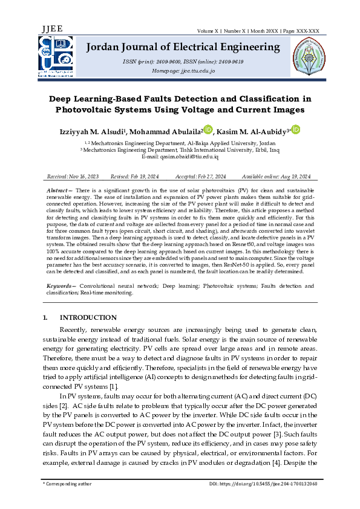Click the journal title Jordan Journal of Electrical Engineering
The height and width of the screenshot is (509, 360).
pyautogui.click(x=184, y=47)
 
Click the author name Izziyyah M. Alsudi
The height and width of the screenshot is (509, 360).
pyautogui.click(x=97, y=132)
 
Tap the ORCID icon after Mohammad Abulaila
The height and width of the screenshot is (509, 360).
pyautogui.click(x=208, y=129)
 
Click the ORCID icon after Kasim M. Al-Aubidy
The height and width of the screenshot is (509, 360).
pyautogui.click(x=296, y=129)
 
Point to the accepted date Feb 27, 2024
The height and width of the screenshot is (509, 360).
pyautogui.click(x=209, y=176)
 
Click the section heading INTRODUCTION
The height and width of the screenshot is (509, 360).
pyautogui.click(x=88, y=317)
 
